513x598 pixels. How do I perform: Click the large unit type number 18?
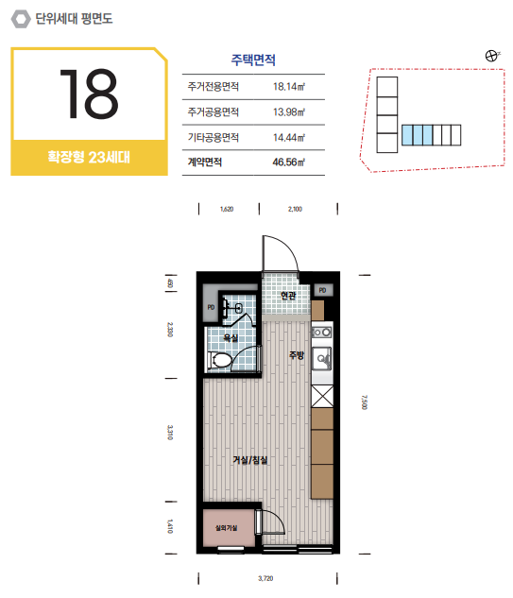[x=89, y=94]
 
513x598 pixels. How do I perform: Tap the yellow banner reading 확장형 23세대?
[x=89, y=157]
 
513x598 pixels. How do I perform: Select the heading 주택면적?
[x=253, y=60]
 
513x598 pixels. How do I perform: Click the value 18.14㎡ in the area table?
[x=289, y=87]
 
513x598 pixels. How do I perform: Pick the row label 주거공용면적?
[x=214, y=111]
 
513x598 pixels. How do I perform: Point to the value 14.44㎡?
[x=289, y=137]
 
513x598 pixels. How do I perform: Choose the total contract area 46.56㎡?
[x=289, y=162]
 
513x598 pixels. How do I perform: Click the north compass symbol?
[x=491, y=56]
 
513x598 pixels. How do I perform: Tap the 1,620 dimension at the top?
[x=227, y=209]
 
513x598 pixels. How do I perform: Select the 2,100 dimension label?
[x=295, y=209]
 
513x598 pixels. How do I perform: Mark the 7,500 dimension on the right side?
[x=365, y=402]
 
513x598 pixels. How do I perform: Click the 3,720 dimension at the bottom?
[x=265, y=578]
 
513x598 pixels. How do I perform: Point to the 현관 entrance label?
[x=288, y=296]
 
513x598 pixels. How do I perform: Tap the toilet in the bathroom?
[x=220, y=360]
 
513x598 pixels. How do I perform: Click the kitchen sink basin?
[x=322, y=358]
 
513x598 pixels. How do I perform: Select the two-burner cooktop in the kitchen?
[x=322, y=333]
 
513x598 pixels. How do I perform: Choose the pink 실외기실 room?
[x=229, y=528]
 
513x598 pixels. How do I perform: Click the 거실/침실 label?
[x=249, y=460]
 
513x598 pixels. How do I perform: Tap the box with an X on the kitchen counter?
[x=322, y=396]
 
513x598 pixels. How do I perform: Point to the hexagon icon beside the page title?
[x=21, y=19]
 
